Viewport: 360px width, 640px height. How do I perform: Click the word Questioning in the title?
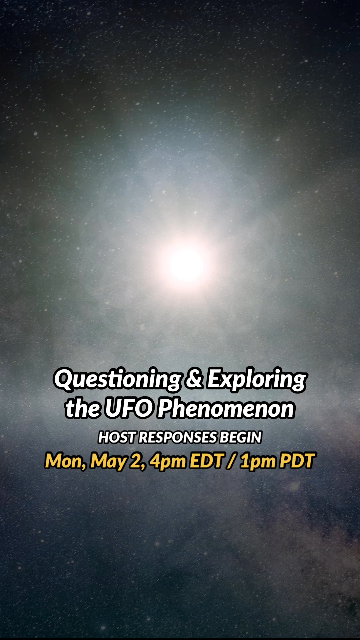pos(118,379)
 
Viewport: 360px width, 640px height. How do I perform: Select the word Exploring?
pos(256,379)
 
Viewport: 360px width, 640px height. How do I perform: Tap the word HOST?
pos(117,437)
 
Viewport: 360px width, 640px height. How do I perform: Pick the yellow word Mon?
pos(66,461)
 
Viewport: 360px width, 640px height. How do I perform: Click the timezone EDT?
pos(206,461)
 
